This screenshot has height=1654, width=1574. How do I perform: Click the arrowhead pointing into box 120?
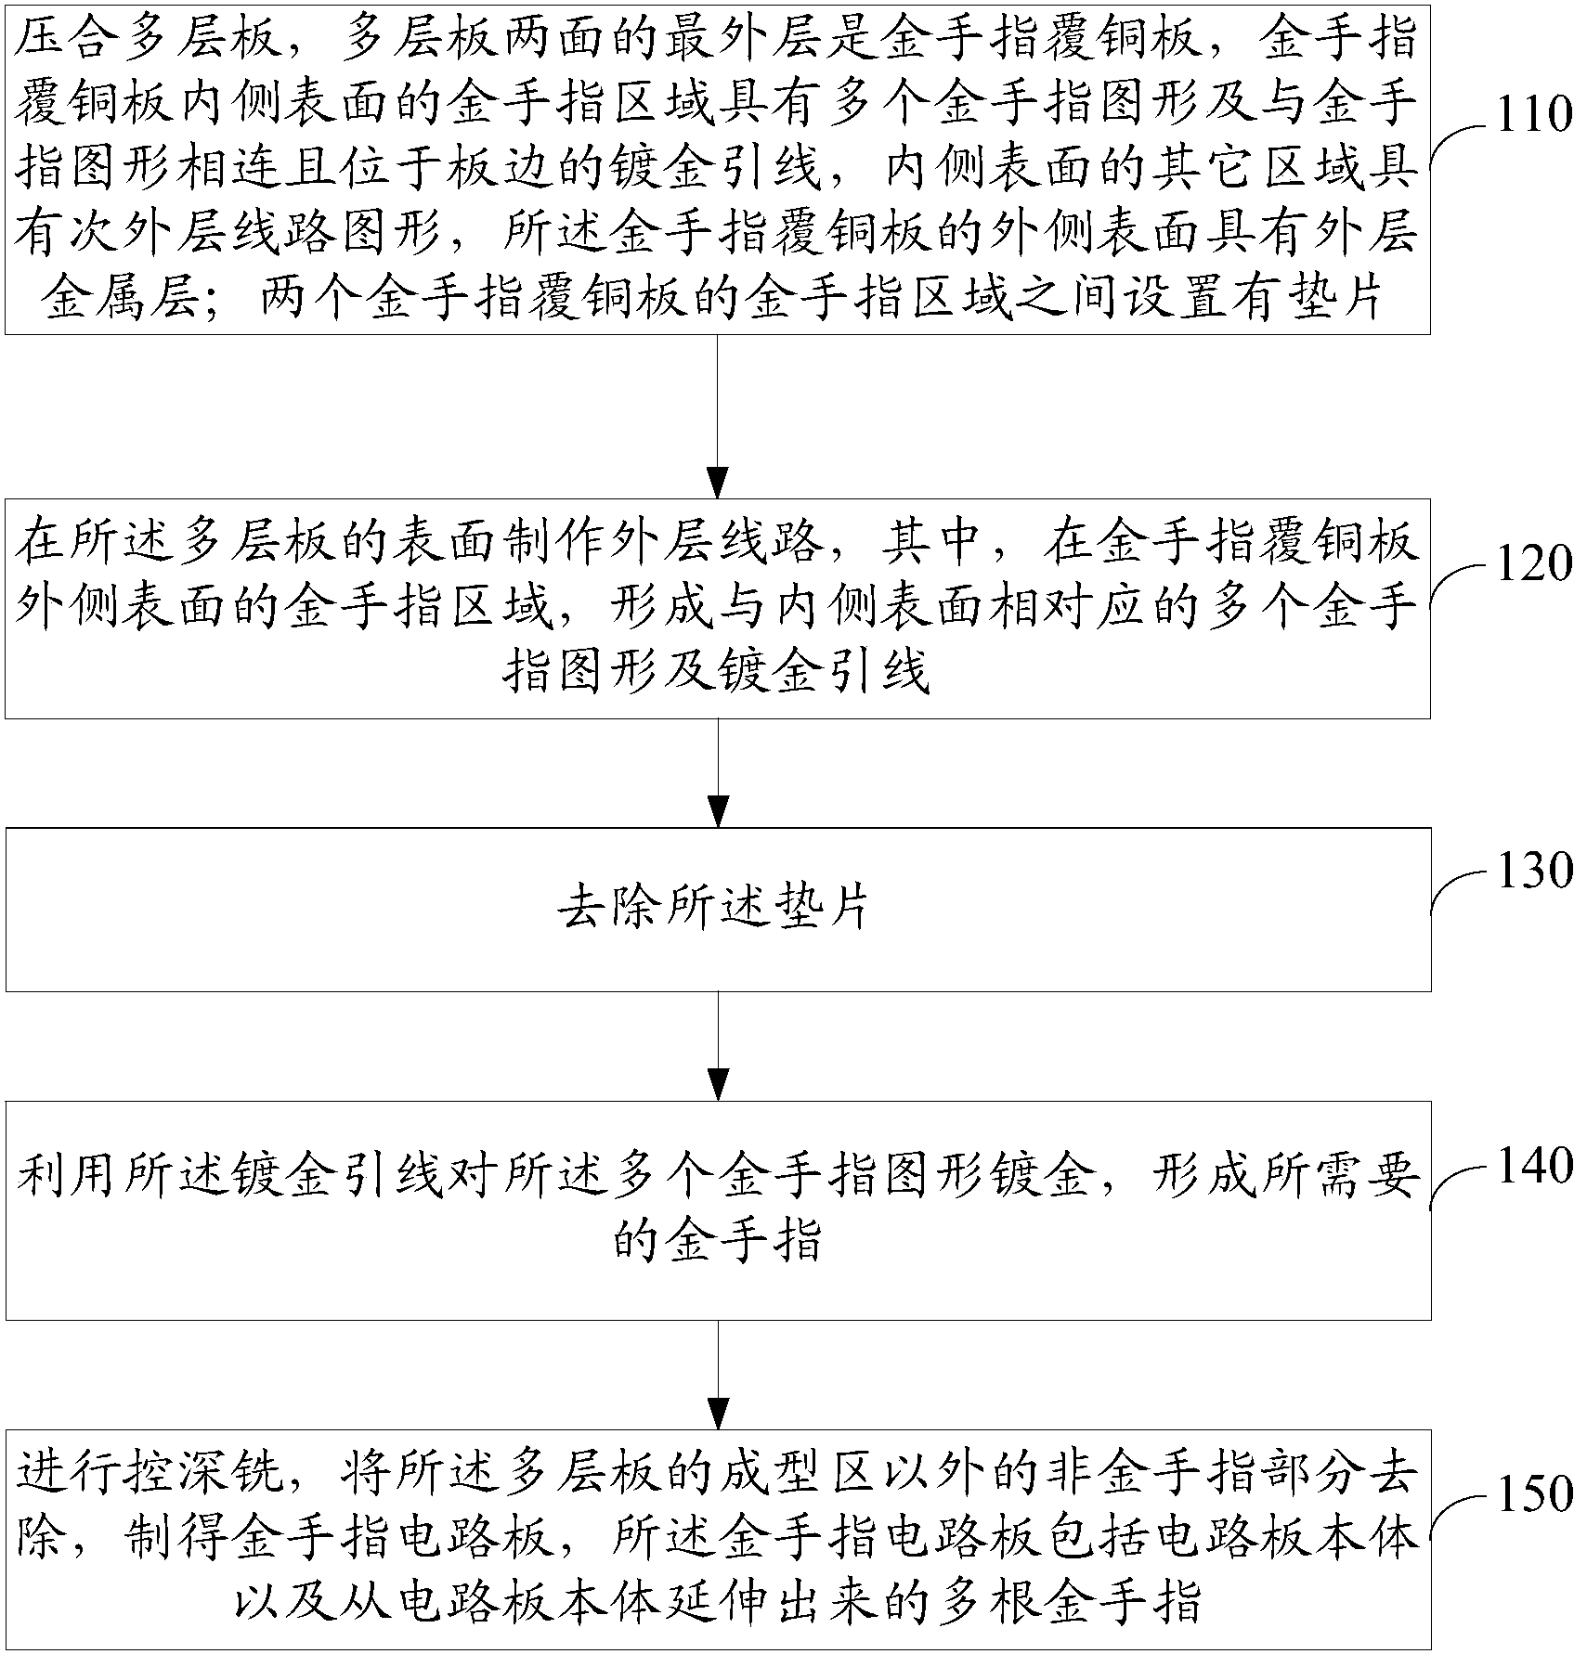(x=717, y=483)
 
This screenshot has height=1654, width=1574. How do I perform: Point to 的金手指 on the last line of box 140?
(x=717, y=1240)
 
